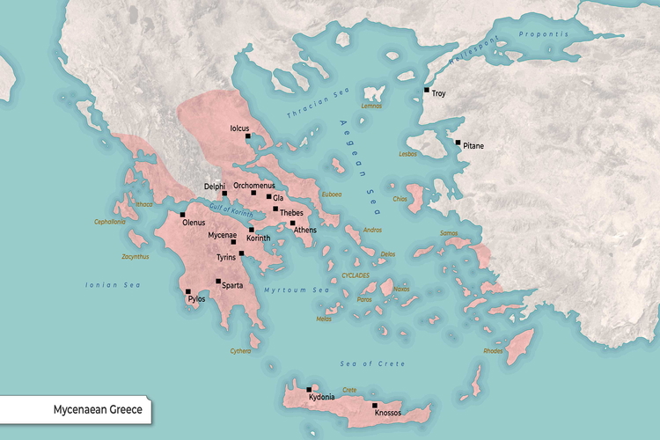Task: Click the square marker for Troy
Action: click(427, 90)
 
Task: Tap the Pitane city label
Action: click(473, 146)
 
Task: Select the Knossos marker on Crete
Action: click(375, 405)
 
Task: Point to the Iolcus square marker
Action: click(248, 136)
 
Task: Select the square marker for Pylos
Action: click(187, 291)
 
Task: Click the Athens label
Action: click(305, 230)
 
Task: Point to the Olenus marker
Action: click(183, 215)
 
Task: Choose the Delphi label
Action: click(215, 187)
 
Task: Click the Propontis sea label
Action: click(544, 34)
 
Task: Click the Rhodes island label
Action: click(493, 351)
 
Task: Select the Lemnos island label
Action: click(372, 106)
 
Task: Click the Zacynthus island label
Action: click(136, 257)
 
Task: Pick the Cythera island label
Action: click(240, 351)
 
